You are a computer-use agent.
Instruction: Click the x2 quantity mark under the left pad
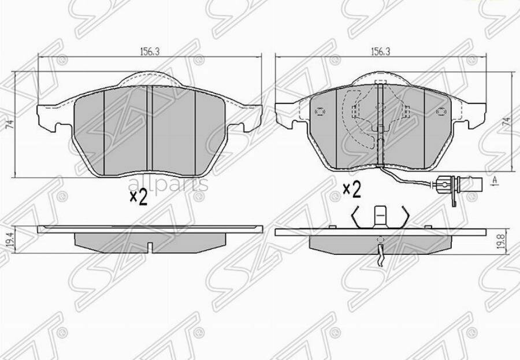[x=139, y=198]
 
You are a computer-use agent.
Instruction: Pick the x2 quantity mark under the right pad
[x=352, y=189]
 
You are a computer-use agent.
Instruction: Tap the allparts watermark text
[x=168, y=184]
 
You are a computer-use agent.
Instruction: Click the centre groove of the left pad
[x=148, y=130]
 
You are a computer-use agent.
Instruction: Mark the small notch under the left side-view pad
[x=150, y=248]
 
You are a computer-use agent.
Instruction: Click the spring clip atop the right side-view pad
[x=381, y=219]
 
